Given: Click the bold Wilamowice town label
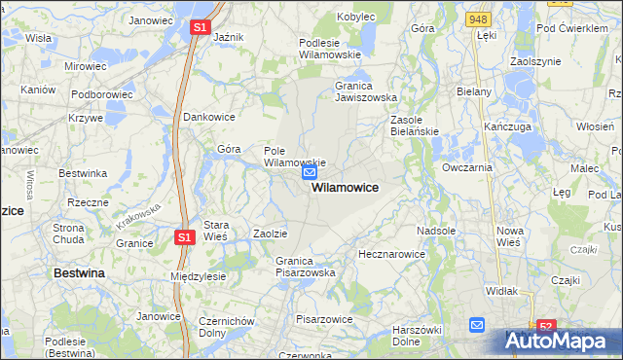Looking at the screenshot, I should [345, 187].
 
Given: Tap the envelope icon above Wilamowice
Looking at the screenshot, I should [310, 172].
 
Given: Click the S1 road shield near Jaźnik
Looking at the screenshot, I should [199, 28].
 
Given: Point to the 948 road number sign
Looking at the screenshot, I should [477, 18].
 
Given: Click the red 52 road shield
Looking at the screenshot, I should [546, 328].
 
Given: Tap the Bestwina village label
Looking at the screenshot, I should [79, 274].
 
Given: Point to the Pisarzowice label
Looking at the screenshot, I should [322, 318].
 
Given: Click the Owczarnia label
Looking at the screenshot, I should [467, 167].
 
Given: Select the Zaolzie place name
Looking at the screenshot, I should [270, 234].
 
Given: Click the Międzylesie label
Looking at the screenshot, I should [198, 276].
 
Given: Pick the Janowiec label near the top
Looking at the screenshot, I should [150, 19].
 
